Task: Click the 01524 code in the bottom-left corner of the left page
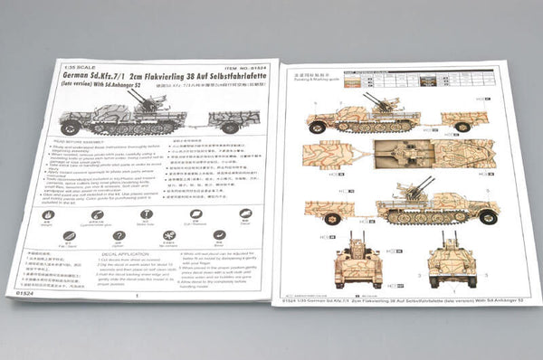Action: (26, 292)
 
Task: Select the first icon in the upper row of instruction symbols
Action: (48, 215)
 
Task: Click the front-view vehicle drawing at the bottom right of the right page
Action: (452, 259)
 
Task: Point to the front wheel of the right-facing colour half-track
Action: (489, 217)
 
